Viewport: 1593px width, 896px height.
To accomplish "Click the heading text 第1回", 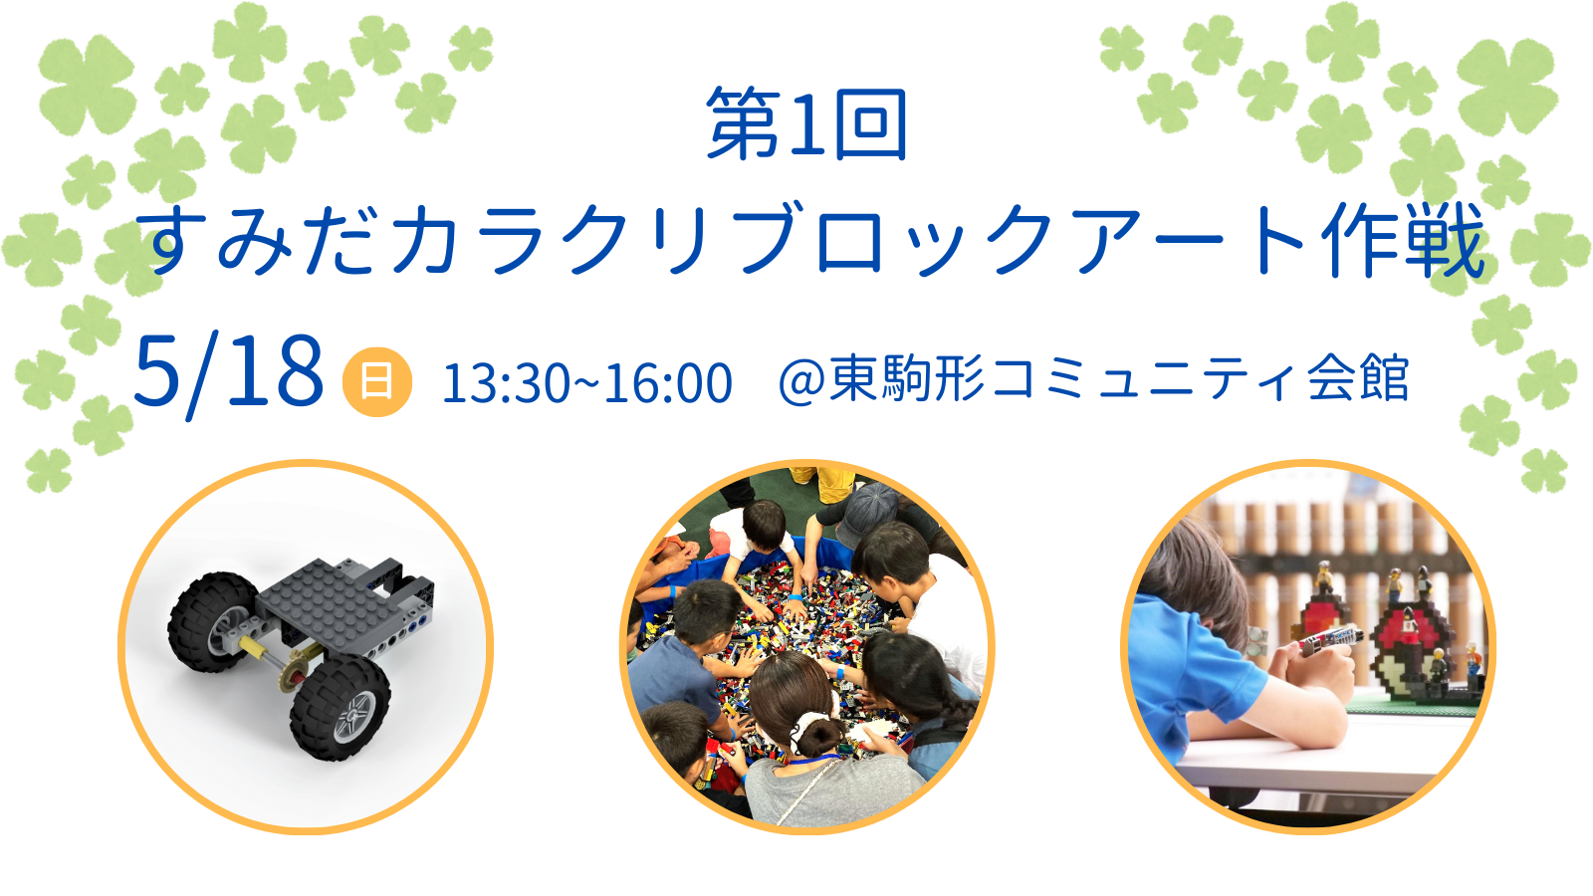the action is [x=806, y=123].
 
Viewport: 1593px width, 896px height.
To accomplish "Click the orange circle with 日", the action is [x=377, y=382].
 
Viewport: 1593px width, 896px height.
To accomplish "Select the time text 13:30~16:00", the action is [x=586, y=383].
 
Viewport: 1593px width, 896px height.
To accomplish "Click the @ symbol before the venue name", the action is [x=802, y=382].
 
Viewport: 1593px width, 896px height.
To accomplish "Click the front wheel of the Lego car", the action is [x=341, y=708].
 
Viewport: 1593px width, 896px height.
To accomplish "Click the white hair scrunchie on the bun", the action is [x=810, y=726].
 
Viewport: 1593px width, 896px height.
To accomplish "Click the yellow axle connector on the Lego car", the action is [x=253, y=646].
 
